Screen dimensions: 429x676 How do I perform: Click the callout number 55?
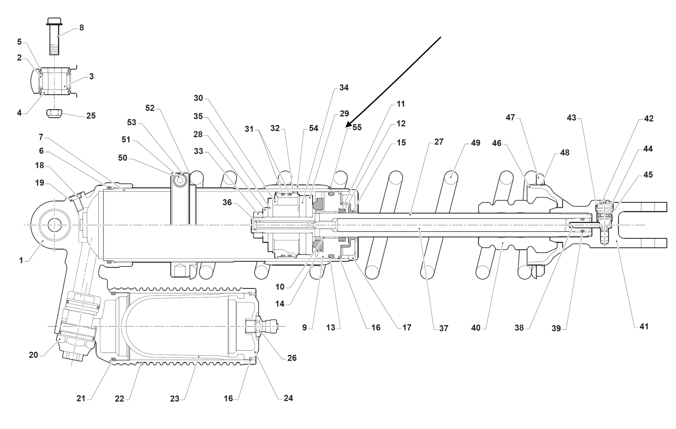click(x=357, y=128)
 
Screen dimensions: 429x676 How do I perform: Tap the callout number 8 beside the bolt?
click(x=81, y=28)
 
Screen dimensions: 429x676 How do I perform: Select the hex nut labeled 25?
click(x=54, y=114)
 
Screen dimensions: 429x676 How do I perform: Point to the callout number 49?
click(x=475, y=143)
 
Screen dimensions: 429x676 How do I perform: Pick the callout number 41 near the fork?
click(x=644, y=326)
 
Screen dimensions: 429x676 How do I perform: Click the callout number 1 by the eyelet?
click(x=21, y=260)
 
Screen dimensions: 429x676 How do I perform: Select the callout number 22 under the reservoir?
click(x=119, y=399)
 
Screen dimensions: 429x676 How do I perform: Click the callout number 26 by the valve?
click(x=292, y=358)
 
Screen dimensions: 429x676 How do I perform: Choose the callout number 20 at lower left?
click(x=33, y=355)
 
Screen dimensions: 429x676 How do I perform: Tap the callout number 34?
click(x=344, y=88)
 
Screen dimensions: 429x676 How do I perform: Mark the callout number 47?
click(x=510, y=117)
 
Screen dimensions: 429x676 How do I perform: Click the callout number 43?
click(x=571, y=118)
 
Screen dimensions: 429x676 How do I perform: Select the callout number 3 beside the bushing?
click(x=91, y=76)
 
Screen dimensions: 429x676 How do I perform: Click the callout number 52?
click(x=150, y=108)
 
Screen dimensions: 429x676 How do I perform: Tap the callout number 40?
click(x=475, y=328)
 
